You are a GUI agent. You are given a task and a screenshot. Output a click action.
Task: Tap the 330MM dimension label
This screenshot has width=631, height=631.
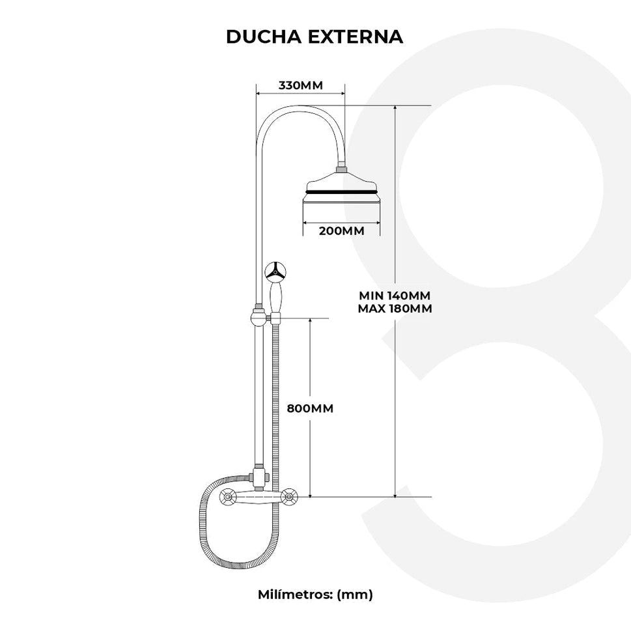coord(300,85)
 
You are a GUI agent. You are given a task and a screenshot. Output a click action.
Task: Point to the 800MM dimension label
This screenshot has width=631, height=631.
coord(311,409)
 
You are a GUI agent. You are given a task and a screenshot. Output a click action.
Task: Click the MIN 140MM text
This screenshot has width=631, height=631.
coord(395,295)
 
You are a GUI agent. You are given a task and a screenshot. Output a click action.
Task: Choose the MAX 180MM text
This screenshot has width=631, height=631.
coord(395,309)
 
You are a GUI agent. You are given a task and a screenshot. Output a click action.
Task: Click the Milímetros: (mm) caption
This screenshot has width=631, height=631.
coord(315,594)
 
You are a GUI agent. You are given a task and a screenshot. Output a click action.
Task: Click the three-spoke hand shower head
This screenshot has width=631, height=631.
coord(275,271)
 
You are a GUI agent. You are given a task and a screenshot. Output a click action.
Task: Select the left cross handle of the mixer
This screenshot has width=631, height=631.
coord(228,498)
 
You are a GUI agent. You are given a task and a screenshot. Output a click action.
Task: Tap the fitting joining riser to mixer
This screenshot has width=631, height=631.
coord(259,475)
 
